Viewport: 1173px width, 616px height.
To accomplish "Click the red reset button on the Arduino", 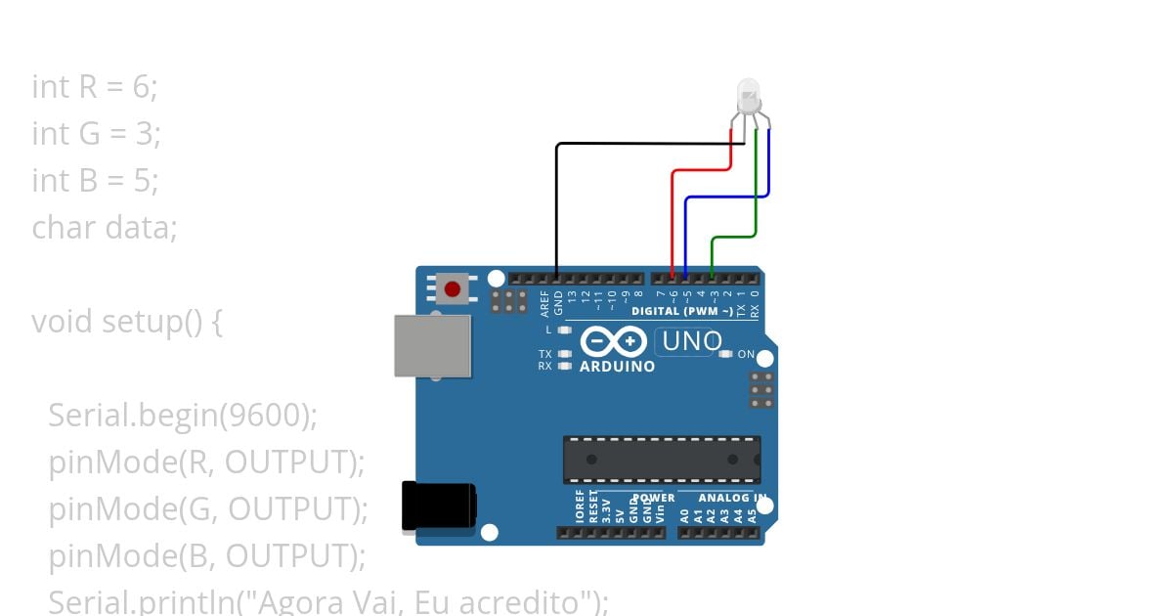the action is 453,289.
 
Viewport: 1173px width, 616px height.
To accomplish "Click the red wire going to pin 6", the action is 673,215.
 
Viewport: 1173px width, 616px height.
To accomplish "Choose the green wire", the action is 756,196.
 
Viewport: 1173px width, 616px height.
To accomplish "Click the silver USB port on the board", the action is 432,345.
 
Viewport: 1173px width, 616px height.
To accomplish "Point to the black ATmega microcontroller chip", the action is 661,460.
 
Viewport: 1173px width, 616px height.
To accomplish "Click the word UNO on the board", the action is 692,342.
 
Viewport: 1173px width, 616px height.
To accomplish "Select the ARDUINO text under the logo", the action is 617,367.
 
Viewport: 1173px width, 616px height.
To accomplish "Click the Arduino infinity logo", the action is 613,342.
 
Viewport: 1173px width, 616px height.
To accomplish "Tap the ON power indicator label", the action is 746,354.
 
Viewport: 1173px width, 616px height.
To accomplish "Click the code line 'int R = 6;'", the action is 95,87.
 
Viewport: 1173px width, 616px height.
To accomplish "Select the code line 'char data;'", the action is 105,228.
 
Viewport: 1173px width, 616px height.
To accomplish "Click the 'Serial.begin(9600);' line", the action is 183,416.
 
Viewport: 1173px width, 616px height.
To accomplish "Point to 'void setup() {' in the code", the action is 127,322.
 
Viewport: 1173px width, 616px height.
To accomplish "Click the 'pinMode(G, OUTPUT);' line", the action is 208,509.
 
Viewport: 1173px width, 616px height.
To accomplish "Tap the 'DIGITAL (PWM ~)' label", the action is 682,312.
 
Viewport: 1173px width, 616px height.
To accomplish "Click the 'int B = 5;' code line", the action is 95,181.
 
